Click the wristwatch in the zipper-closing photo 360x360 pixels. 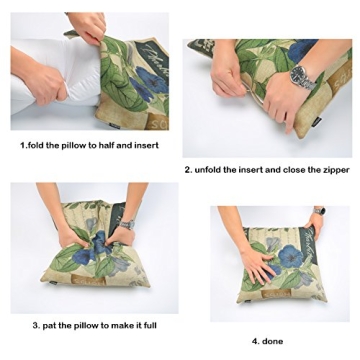(x=301, y=76)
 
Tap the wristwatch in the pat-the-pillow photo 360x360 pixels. (x=127, y=225)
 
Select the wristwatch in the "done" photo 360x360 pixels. (x=318, y=211)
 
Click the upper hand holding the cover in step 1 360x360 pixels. (x=87, y=25)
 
